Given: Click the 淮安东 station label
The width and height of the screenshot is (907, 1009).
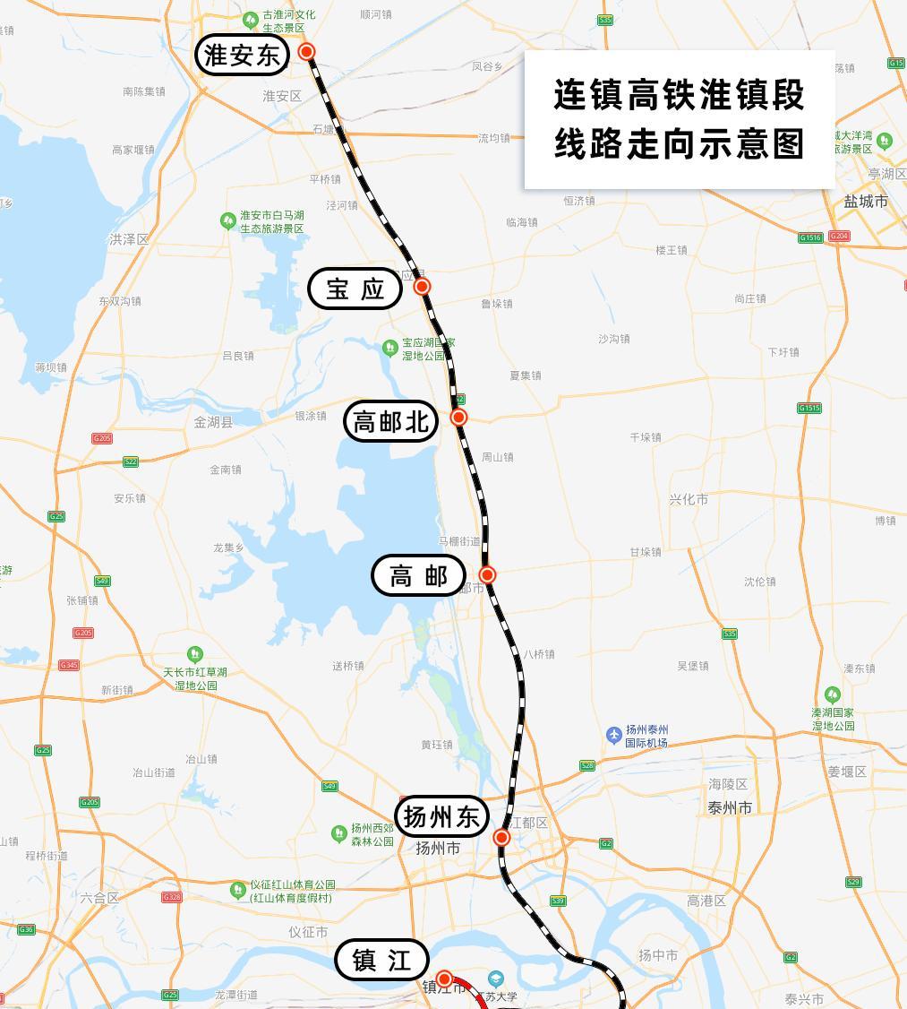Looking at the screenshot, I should (x=242, y=56).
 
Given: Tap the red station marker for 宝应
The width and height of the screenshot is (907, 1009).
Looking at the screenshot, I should (x=422, y=287).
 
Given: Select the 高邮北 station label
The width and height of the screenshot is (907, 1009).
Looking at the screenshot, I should (x=391, y=420).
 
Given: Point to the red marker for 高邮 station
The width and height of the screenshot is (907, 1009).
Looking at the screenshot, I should (x=487, y=574).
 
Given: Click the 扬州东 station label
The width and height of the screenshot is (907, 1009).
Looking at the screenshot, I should (x=442, y=817).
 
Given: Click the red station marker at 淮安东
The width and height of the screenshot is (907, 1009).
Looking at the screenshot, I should (x=307, y=52).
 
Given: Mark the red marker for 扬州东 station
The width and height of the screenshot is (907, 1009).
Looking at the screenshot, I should (x=501, y=838).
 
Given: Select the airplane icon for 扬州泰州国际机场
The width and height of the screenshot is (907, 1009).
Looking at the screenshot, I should (x=613, y=735).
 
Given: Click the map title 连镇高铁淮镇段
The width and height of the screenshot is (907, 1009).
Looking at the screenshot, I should (x=679, y=95).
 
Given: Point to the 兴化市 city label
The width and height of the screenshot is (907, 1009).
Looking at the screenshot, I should (x=689, y=499).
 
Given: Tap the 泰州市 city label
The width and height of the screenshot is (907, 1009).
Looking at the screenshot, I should (x=730, y=807).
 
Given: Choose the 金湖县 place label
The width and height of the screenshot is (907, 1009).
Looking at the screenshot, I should (x=213, y=422).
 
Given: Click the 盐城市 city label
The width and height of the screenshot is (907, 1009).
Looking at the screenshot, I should (x=866, y=202).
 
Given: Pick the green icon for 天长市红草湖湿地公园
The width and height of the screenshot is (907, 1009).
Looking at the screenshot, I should (x=194, y=655).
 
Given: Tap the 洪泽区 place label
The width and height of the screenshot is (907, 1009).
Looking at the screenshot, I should (x=129, y=239).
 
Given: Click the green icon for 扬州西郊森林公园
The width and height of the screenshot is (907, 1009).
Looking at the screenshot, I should (x=338, y=833).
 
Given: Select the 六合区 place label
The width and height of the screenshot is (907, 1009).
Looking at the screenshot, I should (x=98, y=898).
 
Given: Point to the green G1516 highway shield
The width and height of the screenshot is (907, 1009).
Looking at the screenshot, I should (x=810, y=237).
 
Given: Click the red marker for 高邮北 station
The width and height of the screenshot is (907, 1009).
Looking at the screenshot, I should (x=458, y=417).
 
